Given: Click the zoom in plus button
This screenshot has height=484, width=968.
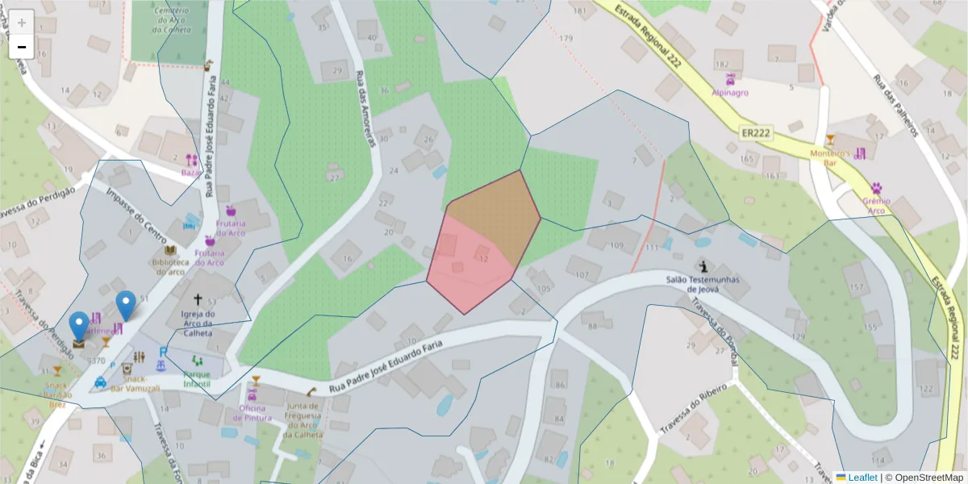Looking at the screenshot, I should (22, 23).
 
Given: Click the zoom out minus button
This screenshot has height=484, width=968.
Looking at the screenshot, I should (22, 47).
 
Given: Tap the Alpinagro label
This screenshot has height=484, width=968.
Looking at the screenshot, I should (729, 92).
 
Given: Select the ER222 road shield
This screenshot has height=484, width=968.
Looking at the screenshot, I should (756, 131).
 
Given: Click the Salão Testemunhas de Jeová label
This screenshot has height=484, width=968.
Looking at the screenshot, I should (703, 283).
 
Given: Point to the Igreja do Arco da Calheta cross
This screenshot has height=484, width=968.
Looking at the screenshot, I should (198, 298).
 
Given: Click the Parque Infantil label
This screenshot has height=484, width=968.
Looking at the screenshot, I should (197, 379).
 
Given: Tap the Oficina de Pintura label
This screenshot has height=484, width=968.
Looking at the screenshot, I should (252, 412).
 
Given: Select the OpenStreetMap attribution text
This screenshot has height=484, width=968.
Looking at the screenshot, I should (924, 478).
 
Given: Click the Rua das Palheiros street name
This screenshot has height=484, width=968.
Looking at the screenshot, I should (896, 105).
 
